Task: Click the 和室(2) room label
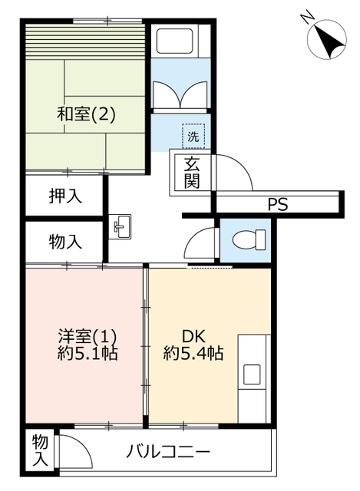[x=86, y=114]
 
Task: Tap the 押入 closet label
[x=65, y=196]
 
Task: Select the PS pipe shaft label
[x=278, y=205]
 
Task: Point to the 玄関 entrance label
[x=192, y=173]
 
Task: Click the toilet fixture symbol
[x=249, y=240]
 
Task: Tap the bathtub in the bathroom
[x=174, y=41]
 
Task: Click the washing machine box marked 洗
[x=193, y=136]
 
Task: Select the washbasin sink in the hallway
[x=120, y=227]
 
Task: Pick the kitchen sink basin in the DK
[x=253, y=375]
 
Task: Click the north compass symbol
[x=327, y=40]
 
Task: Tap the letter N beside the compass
[x=307, y=17]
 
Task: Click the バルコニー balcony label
[x=168, y=452]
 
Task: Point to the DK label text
[x=193, y=337]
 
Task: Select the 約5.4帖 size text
[x=193, y=354]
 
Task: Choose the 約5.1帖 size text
[x=88, y=354]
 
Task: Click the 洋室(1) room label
[x=88, y=337]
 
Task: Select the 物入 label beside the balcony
[x=41, y=450]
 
